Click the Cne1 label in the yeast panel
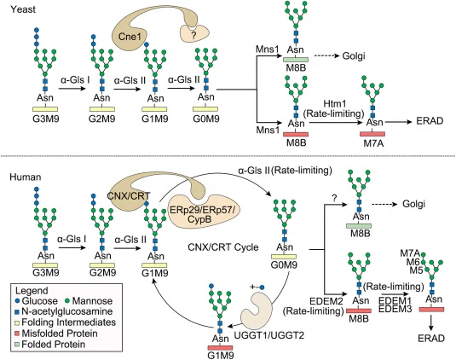[130, 37]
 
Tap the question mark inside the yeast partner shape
[193, 35]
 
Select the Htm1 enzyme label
[334, 103]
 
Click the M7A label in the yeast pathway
[373, 143]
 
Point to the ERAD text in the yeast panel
[430, 121]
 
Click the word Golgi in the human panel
[414, 204]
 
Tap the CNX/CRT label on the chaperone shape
[128, 196]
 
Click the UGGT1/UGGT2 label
[269, 335]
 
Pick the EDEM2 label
[326, 301]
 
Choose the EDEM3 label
[395, 309]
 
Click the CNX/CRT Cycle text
[223, 247]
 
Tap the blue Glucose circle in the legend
[17, 301]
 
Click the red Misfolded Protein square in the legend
[17, 334]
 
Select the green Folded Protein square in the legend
[17, 345]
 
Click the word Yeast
[23, 9]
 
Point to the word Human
[26, 177]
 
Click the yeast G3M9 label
[45, 119]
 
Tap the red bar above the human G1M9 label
[220, 347]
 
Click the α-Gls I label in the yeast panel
[75, 79]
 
